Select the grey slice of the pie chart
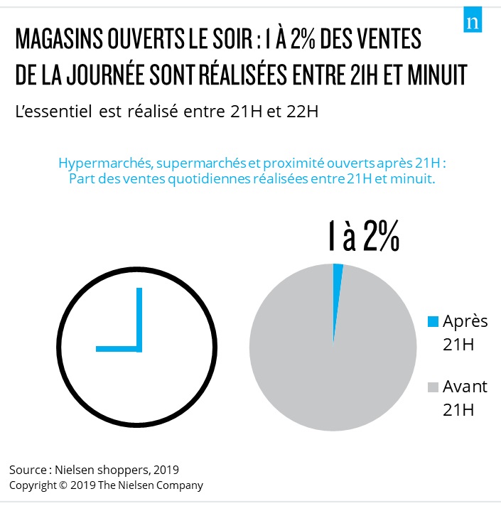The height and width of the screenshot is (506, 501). (x=333, y=355)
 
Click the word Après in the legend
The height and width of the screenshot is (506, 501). (x=465, y=321)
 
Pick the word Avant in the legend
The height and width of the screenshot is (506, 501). (x=465, y=387)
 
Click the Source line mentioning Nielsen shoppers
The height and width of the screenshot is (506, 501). (x=94, y=470)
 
